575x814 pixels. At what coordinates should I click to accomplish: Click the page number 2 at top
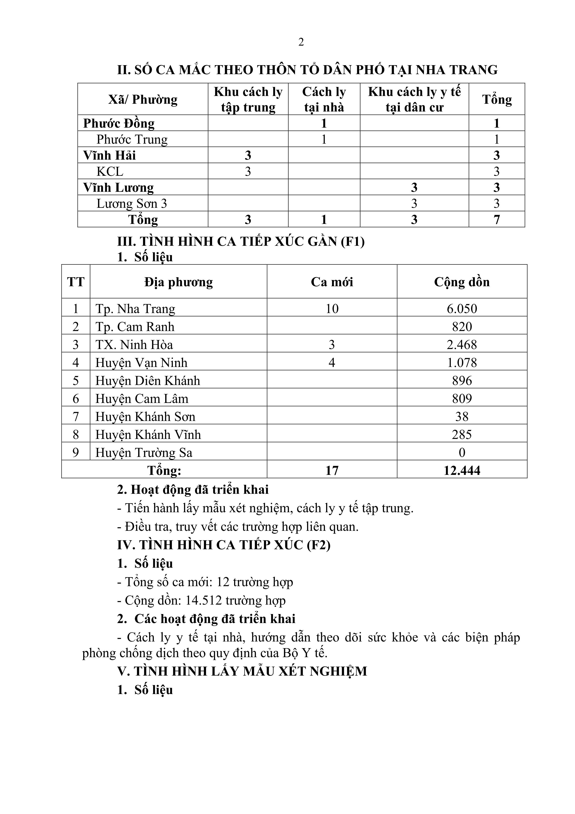click(301, 42)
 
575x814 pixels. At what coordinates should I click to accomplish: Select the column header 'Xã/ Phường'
click(143, 99)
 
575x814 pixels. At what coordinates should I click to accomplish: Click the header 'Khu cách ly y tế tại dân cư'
click(414, 99)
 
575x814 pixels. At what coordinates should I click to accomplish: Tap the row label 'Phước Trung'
click(132, 139)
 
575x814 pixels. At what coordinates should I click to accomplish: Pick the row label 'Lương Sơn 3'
click(131, 203)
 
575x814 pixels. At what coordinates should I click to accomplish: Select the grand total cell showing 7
click(496, 219)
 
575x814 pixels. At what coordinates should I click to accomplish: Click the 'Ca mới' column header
click(332, 282)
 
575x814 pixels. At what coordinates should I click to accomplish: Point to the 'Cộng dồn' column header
click(462, 282)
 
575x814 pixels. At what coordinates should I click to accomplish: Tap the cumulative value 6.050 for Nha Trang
click(462, 309)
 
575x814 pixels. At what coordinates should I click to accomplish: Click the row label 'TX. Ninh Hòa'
click(134, 345)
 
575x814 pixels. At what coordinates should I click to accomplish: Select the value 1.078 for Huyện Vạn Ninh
click(462, 363)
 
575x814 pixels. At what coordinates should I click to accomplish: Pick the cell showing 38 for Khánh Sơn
click(462, 417)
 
